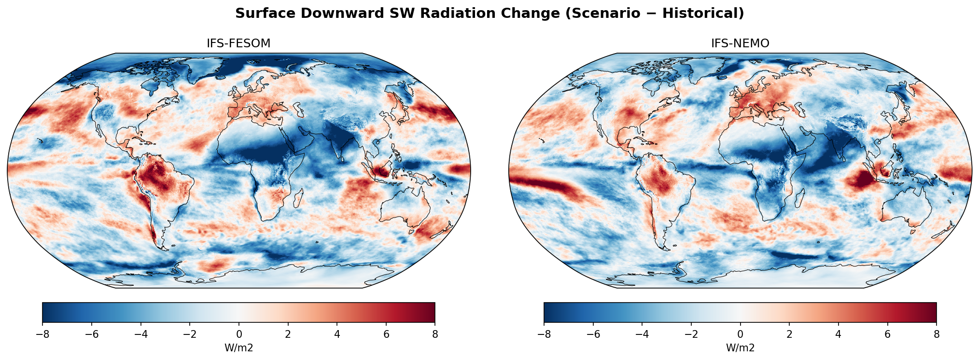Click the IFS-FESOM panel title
(238, 43)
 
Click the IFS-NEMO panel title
(740, 43)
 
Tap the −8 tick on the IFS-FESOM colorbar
(42, 334)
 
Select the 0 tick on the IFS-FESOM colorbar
(239, 334)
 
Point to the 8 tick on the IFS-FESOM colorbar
(435, 334)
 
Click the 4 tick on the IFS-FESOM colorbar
(337, 334)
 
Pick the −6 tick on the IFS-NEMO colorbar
(593, 334)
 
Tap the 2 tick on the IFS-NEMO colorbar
(789, 334)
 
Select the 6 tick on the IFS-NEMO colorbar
(887, 334)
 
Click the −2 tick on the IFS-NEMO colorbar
(691, 334)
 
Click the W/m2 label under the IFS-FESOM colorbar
(238, 348)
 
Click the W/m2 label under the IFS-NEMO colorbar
(740, 348)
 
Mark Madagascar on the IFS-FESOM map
(298, 198)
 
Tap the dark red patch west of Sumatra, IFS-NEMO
(862, 180)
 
